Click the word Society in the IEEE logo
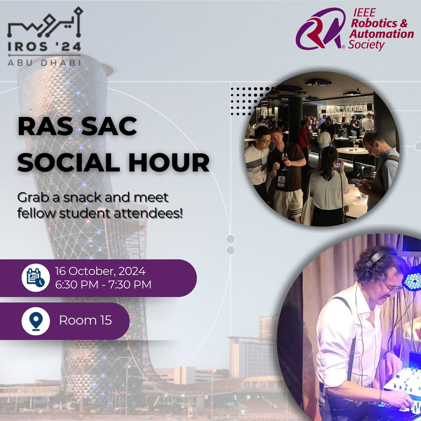pos(366,45)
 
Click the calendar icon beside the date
pos(35,278)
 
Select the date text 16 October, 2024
pos(100,272)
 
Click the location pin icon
pos(35,321)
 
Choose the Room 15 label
pos(85,320)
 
